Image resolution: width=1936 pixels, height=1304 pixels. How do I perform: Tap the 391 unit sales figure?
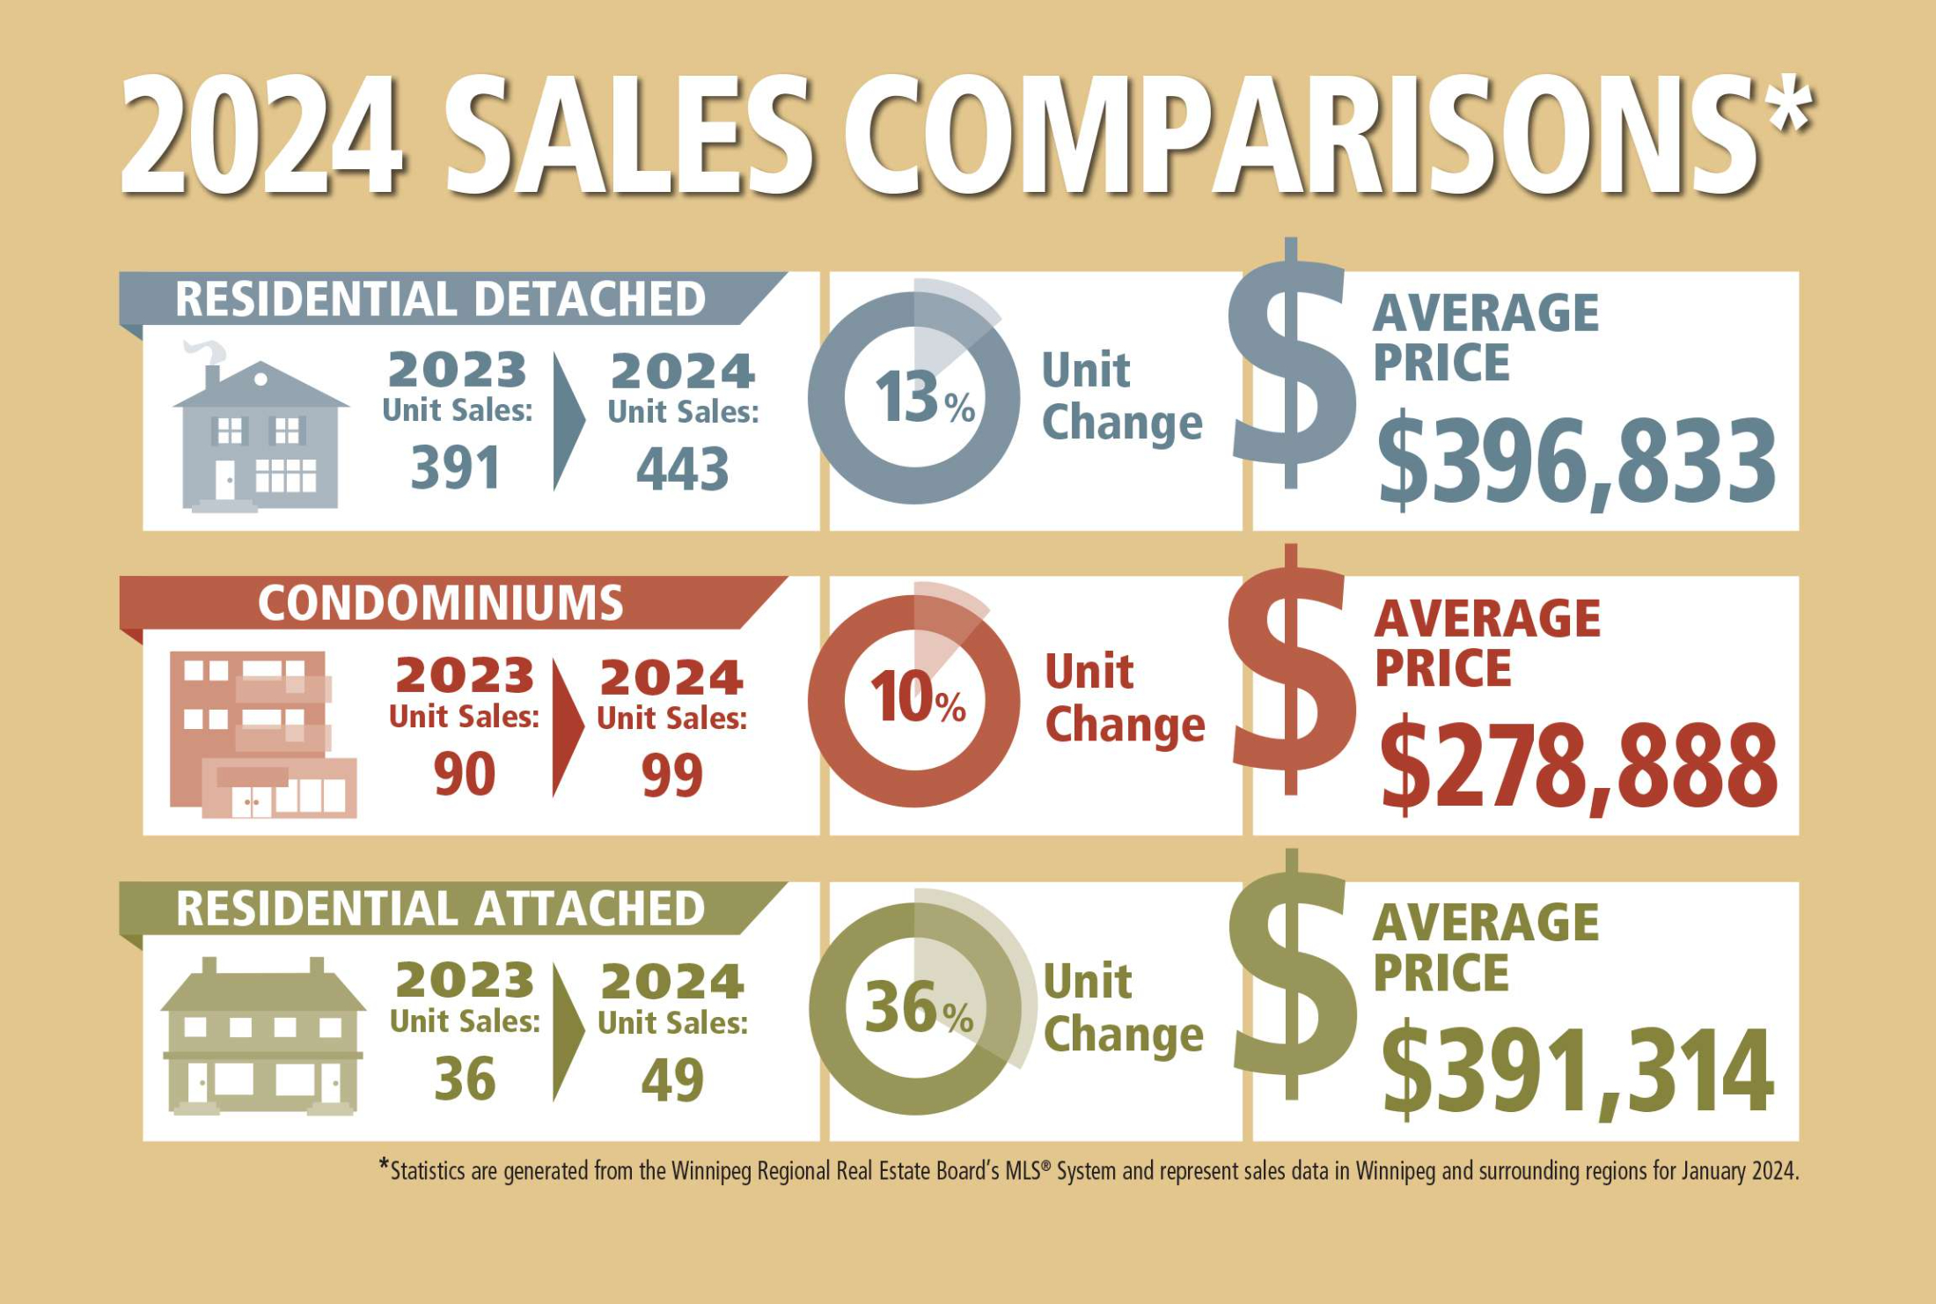(x=455, y=468)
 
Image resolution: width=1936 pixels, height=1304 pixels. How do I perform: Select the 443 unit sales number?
(x=682, y=469)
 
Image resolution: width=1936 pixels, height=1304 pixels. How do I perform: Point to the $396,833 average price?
(x=1575, y=461)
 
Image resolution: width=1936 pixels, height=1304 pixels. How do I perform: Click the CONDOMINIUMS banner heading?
(x=440, y=604)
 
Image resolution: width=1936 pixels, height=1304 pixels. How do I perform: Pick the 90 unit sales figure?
(x=464, y=774)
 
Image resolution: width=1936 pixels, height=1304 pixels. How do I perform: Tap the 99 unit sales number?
(x=671, y=776)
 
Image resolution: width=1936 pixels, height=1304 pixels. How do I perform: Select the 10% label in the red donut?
(x=917, y=700)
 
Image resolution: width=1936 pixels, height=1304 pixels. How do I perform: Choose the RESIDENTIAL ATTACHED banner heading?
(x=440, y=909)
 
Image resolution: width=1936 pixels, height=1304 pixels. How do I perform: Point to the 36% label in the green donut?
(x=918, y=1009)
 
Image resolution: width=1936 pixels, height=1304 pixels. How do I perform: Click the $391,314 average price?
(x=1576, y=1071)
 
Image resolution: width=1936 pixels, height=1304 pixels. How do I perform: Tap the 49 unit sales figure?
(x=672, y=1080)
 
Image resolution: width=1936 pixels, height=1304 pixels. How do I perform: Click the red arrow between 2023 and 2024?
(x=567, y=727)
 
